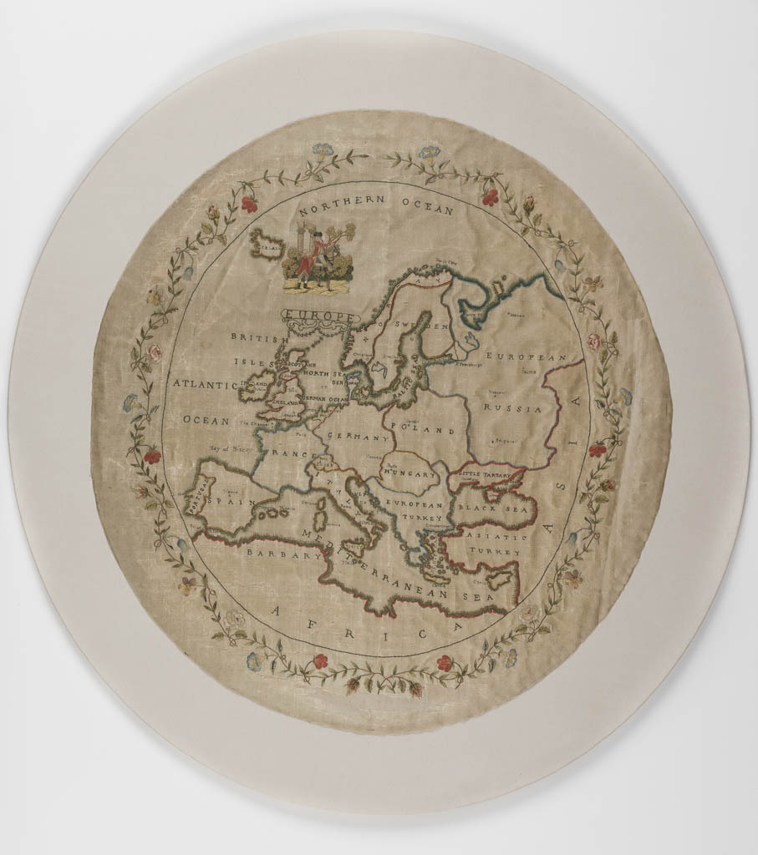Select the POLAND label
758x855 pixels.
click(431, 431)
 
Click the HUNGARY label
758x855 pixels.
click(410, 473)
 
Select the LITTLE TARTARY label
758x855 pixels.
click(486, 473)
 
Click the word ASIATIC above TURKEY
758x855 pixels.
click(496, 537)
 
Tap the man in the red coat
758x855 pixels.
click(306, 263)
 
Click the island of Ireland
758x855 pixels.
click(254, 389)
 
